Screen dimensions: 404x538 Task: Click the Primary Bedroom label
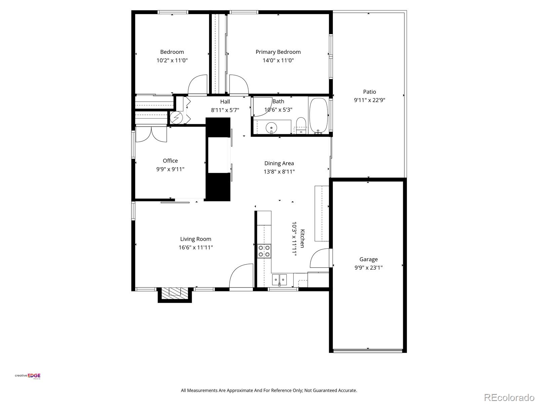coord(278,52)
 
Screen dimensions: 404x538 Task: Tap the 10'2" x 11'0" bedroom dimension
coord(172,61)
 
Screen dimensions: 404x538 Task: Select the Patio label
coord(369,92)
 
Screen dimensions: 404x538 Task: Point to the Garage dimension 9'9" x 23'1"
coord(369,268)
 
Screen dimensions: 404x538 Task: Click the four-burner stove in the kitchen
coord(264,251)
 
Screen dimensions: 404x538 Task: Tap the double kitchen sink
coord(279,279)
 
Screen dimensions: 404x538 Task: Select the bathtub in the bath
coord(318,115)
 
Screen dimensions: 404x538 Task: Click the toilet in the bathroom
coord(301,125)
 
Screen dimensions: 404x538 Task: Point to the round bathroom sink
coord(271,128)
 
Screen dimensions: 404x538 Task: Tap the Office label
coord(170,161)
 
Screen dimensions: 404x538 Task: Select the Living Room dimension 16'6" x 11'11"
coord(196,247)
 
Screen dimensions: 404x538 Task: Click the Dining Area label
coord(279,163)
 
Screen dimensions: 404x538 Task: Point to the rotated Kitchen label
coord(302,238)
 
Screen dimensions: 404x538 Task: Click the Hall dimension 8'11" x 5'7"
coord(225,110)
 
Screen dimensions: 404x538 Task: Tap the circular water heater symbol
coord(176,117)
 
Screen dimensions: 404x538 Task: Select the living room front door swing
coord(241,276)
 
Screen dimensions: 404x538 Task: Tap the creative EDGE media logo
coord(28,376)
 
